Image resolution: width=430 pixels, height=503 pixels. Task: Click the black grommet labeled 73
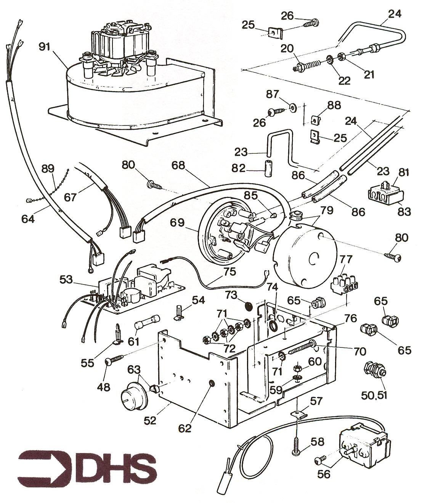tap(249, 306)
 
